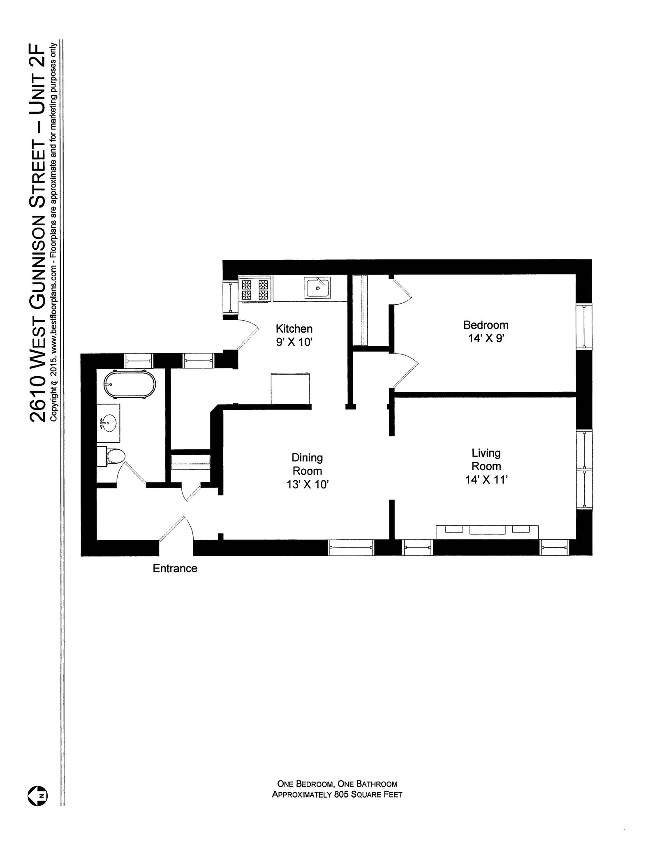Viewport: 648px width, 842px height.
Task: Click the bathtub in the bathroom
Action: tap(130, 384)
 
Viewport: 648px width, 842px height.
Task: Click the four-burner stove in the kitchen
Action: tap(255, 289)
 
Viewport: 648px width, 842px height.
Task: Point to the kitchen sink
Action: tap(317, 288)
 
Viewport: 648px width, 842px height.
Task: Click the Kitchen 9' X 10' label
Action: tap(294, 335)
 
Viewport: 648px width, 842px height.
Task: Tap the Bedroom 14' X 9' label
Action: tap(486, 331)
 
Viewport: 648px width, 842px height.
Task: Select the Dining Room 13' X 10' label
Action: tap(307, 471)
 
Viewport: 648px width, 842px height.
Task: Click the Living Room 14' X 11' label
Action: tap(486, 466)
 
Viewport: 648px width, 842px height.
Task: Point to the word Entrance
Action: tap(175, 568)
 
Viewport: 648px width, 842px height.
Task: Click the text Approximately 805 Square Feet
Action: tap(337, 794)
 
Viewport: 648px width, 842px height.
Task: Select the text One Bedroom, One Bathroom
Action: tap(337, 784)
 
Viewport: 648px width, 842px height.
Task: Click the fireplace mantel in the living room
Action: tap(487, 531)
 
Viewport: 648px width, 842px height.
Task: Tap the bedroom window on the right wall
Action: tap(584, 326)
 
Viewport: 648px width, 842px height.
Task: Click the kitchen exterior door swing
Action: tap(249, 335)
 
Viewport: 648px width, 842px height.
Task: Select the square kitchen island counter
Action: tap(290, 389)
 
